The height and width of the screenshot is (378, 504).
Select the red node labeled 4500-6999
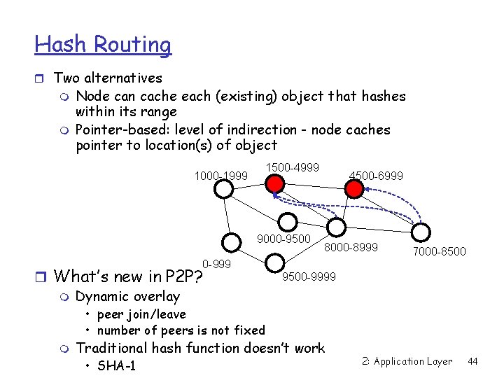tap(356, 185)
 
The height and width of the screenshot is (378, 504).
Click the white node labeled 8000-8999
tap(336, 227)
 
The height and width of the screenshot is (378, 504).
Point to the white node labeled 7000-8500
tap(421, 232)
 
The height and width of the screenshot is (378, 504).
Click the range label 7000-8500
tap(440, 251)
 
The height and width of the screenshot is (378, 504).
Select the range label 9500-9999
tap(309, 277)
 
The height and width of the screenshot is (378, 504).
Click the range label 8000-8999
tap(351, 247)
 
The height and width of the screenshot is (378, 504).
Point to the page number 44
tap(472, 361)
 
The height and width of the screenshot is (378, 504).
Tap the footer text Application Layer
tap(413, 361)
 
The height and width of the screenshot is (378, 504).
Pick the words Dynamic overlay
tap(127, 296)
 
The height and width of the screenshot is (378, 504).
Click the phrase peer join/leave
tap(141, 314)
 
